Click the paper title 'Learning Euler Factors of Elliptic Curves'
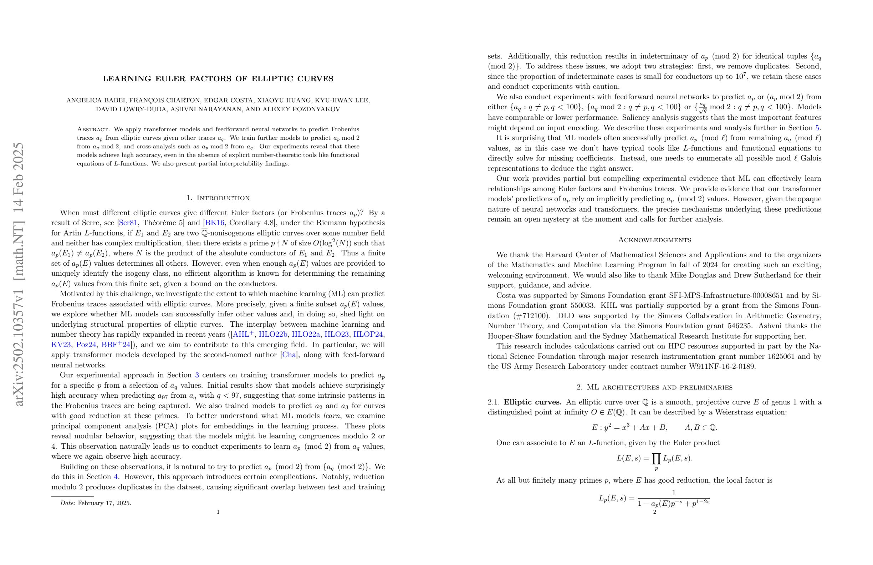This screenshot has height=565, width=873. (218, 78)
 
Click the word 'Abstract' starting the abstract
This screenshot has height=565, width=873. (93, 129)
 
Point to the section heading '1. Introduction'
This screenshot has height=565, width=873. (218, 198)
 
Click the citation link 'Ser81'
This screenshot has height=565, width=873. (128, 223)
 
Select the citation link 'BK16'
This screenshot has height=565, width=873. (215, 223)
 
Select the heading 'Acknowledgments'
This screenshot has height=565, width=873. (654, 240)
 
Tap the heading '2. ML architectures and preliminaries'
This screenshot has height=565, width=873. (654, 387)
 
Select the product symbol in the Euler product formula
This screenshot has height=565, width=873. (656, 458)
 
